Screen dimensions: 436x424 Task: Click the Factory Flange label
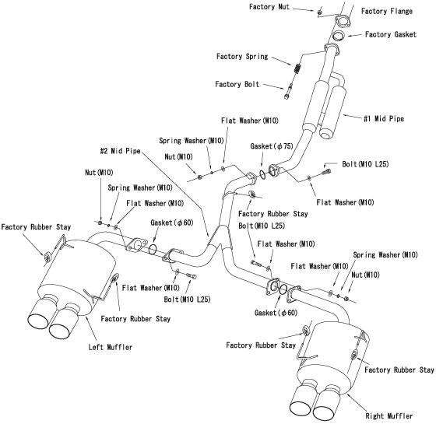tap(386, 11)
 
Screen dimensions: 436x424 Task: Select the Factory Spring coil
tap(297, 68)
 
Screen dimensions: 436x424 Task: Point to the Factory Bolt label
tap(237, 84)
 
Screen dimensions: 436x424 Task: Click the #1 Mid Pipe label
tap(384, 118)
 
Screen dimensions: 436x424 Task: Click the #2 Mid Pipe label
tap(120, 151)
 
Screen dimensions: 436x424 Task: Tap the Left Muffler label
tap(110, 347)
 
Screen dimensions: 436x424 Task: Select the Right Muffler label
tap(389, 416)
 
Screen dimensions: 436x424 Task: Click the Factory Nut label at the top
tap(269, 7)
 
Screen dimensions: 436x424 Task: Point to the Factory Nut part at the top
tap(320, 12)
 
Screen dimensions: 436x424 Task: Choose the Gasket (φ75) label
tap(272, 146)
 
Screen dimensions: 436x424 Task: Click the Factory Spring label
tap(242, 57)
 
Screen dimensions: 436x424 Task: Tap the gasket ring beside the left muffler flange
tap(153, 248)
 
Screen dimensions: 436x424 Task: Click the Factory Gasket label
tap(391, 34)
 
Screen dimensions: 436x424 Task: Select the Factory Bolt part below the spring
tap(288, 91)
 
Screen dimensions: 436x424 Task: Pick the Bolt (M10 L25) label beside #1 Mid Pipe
tap(365, 164)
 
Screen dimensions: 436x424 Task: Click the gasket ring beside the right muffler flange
tap(283, 289)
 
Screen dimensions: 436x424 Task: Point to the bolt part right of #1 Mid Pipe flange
tap(326, 172)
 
